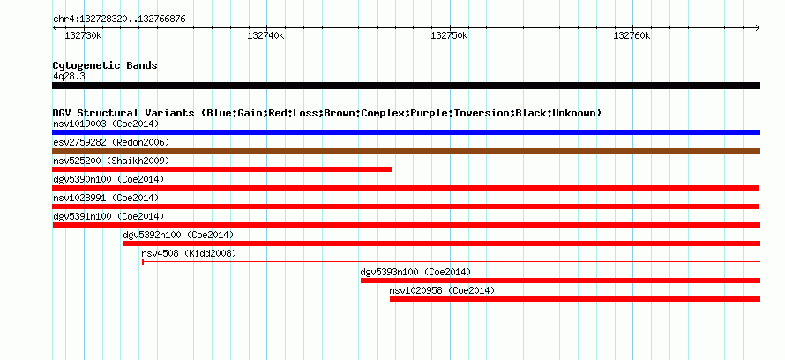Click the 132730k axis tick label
click(x=84, y=36)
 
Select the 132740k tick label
click(x=266, y=36)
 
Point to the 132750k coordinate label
click(x=450, y=36)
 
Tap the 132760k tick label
click(x=632, y=36)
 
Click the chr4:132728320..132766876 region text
click(x=120, y=19)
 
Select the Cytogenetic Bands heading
click(x=105, y=65)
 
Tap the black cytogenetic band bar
click(x=406, y=86)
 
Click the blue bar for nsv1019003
click(x=406, y=132)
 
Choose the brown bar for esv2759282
click(x=406, y=151)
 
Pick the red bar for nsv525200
click(x=221, y=169)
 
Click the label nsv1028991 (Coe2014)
click(x=106, y=198)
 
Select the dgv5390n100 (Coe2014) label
click(x=108, y=179)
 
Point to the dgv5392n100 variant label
click(x=179, y=235)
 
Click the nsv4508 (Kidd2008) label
click(x=189, y=253)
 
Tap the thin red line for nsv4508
click(x=451, y=261)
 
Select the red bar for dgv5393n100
click(x=560, y=281)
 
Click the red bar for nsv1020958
click(x=575, y=299)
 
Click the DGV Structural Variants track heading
click(x=327, y=113)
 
